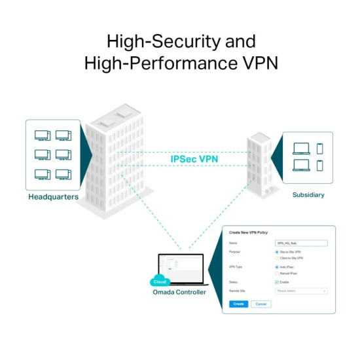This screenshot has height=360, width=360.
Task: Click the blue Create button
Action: point(239,304)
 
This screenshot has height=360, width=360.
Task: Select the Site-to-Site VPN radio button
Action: point(276,252)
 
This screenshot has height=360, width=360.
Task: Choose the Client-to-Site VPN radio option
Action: point(276,258)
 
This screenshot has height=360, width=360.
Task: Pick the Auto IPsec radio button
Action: point(276,267)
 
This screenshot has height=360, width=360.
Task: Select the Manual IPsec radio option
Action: point(276,273)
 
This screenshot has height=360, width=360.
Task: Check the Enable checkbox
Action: point(276,282)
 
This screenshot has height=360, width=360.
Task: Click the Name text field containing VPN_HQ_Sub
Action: point(301,243)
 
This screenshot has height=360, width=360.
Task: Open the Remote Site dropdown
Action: point(301,291)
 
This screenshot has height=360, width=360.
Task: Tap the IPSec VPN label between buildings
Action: point(194,158)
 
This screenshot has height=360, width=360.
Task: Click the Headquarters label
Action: point(53,197)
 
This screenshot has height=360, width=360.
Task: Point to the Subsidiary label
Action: point(308,194)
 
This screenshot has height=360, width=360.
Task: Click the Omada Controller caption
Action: point(179,292)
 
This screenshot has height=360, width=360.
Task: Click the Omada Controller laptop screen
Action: point(181,268)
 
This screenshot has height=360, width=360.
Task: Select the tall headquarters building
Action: point(115,160)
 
